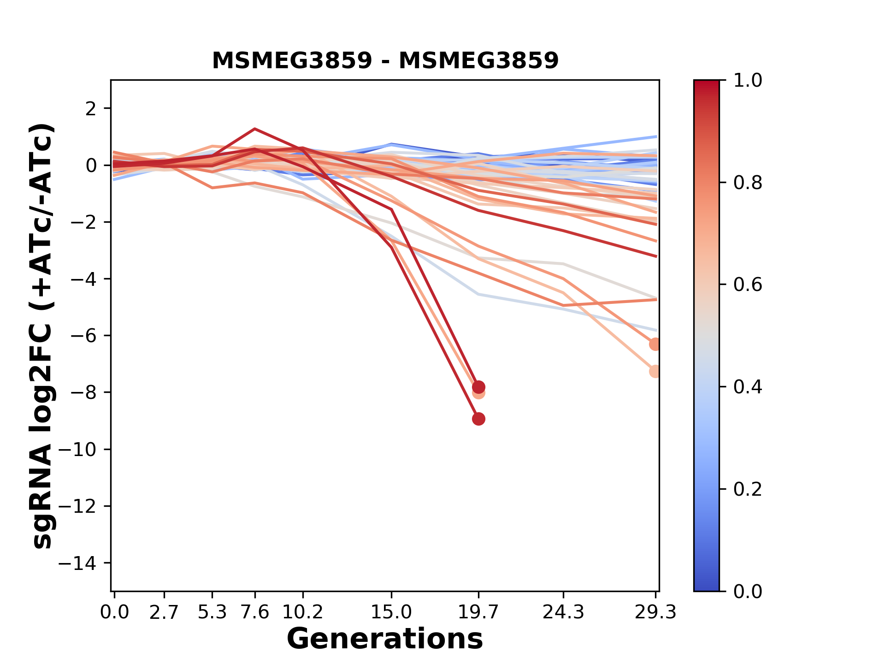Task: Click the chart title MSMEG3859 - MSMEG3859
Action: pyautogui.click(x=385, y=60)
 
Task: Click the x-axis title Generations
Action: pyautogui.click(x=385, y=639)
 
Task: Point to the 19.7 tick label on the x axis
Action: pyautogui.click(x=478, y=612)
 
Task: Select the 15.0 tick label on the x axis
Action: pyautogui.click(x=391, y=612)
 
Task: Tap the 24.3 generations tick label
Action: pyautogui.click(x=563, y=612)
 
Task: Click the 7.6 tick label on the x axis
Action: pyautogui.click(x=255, y=612)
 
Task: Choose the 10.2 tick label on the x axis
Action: pyautogui.click(x=302, y=612)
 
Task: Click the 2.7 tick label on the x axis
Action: pyautogui.click(x=164, y=612)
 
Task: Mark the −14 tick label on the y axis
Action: pyautogui.click(x=77, y=563)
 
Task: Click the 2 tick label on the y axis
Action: pyautogui.click(x=91, y=108)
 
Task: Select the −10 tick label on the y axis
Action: pyautogui.click(x=77, y=450)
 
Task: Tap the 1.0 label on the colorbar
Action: pyautogui.click(x=748, y=80)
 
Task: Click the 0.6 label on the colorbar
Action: pyautogui.click(x=748, y=285)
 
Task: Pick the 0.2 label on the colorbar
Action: pyautogui.click(x=748, y=489)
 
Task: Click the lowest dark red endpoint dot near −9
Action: pyautogui.click(x=478, y=419)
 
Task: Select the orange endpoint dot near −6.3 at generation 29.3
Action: pyautogui.click(x=655, y=344)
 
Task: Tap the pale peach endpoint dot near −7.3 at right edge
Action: pyautogui.click(x=655, y=371)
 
